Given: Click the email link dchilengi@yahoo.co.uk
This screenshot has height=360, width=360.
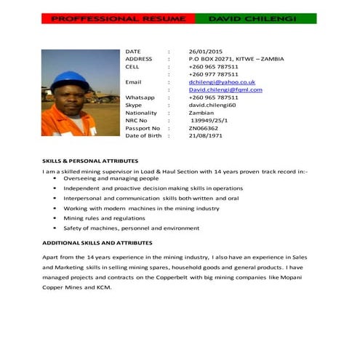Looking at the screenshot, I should (221, 82).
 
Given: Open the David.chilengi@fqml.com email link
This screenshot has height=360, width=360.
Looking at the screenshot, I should (225, 90).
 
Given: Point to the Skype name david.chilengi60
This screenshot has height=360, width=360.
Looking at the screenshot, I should (212, 105).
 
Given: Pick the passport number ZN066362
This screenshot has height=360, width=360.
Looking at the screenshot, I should (204, 128).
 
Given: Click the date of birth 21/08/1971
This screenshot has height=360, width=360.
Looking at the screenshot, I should (204, 136).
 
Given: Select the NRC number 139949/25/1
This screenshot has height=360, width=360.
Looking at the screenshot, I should (209, 121).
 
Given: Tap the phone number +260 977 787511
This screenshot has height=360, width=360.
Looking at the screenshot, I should (213, 74).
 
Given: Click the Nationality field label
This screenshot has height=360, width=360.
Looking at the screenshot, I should (141, 113).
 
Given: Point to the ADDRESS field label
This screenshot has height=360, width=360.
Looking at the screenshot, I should (139, 59).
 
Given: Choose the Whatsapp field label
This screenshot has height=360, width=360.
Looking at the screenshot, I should (140, 97).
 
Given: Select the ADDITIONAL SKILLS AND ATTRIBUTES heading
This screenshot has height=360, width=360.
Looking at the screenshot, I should (97, 242).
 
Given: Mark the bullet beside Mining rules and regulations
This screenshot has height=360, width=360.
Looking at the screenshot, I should (55, 218).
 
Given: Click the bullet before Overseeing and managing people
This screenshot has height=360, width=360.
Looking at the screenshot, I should (55, 178).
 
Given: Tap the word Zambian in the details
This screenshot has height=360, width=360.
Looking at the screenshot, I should (201, 113).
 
